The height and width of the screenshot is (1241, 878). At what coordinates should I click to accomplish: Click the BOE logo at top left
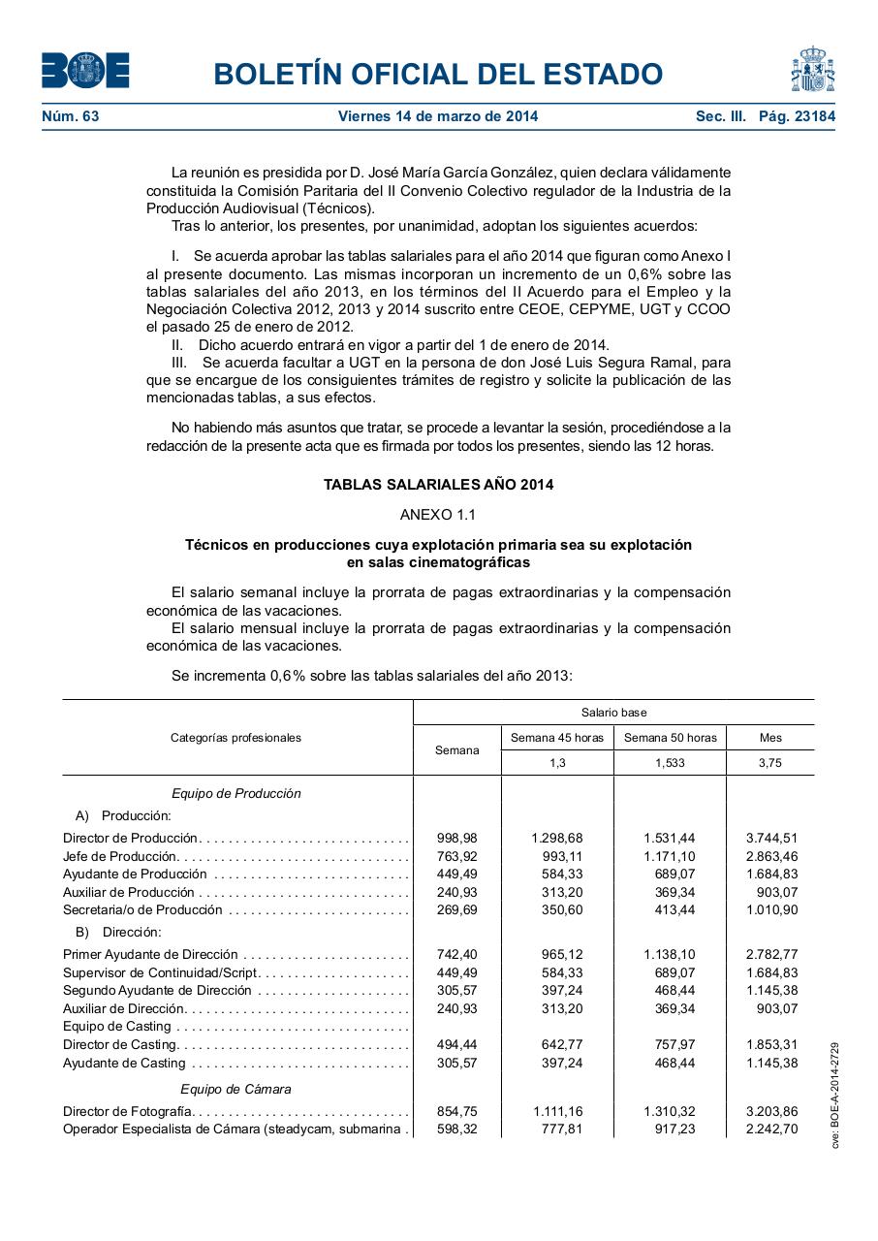click(x=85, y=71)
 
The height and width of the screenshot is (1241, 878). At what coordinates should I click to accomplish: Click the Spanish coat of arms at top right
click(x=812, y=70)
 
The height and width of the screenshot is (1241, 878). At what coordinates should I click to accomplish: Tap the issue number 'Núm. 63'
click(x=71, y=116)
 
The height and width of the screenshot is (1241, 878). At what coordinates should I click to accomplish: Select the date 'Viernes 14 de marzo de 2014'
click(x=438, y=116)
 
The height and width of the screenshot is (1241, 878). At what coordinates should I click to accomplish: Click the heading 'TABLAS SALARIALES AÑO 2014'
click(x=438, y=485)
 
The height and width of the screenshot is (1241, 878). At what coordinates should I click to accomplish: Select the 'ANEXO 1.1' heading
click(x=438, y=514)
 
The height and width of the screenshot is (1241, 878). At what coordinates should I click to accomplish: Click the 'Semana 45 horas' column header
click(x=557, y=738)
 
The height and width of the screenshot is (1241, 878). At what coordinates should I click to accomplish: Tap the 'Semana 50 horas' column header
click(x=670, y=738)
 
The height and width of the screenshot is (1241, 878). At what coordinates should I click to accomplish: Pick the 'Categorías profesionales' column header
click(x=235, y=738)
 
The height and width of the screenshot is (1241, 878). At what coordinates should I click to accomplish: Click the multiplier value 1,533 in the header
click(x=670, y=763)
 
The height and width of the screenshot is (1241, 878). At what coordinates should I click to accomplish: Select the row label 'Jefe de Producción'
click(x=120, y=856)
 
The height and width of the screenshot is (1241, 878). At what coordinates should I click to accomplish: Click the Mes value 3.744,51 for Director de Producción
click(x=771, y=838)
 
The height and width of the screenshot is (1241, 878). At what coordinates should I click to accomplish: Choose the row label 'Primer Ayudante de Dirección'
click(x=150, y=955)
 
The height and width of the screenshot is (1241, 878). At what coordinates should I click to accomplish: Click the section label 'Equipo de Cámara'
click(x=235, y=1089)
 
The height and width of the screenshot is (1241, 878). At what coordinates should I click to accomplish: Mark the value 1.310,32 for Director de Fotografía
click(x=669, y=1112)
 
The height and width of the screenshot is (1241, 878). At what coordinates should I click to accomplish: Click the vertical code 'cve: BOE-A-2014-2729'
click(x=835, y=1096)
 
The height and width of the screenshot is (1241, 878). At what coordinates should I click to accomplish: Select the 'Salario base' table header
click(x=613, y=713)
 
